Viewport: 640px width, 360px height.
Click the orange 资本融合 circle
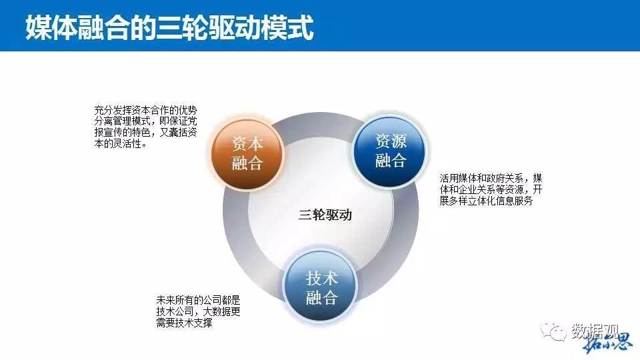[x=247, y=153]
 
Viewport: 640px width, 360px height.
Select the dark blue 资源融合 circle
[x=391, y=151]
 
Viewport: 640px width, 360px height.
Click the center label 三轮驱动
[x=325, y=215]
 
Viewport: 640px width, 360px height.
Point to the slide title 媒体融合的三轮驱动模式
[x=169, y=27]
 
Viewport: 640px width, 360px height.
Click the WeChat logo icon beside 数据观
[x=553, y=331]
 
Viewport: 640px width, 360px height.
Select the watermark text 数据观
[x=595, y=331]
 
